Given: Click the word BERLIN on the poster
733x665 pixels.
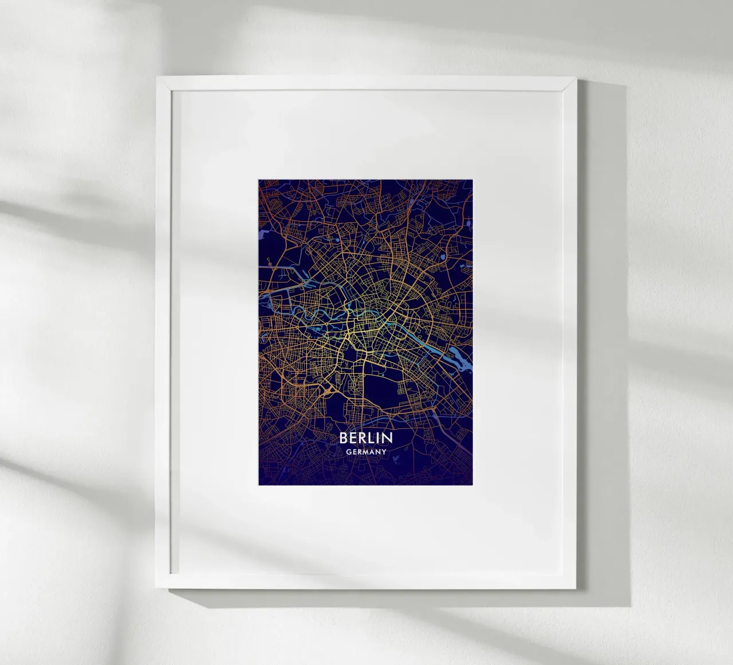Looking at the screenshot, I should [x=366, y=438].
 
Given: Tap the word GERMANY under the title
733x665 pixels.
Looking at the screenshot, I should [x=366, y=452].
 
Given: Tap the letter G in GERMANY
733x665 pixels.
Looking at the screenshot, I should [x=348, y=452].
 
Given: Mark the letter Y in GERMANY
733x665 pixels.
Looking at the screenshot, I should [x=384, y=452].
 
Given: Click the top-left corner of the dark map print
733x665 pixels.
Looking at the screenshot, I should [x=258, y=179].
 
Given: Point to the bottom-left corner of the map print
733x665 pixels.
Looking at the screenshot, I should [x=258, y=484].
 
